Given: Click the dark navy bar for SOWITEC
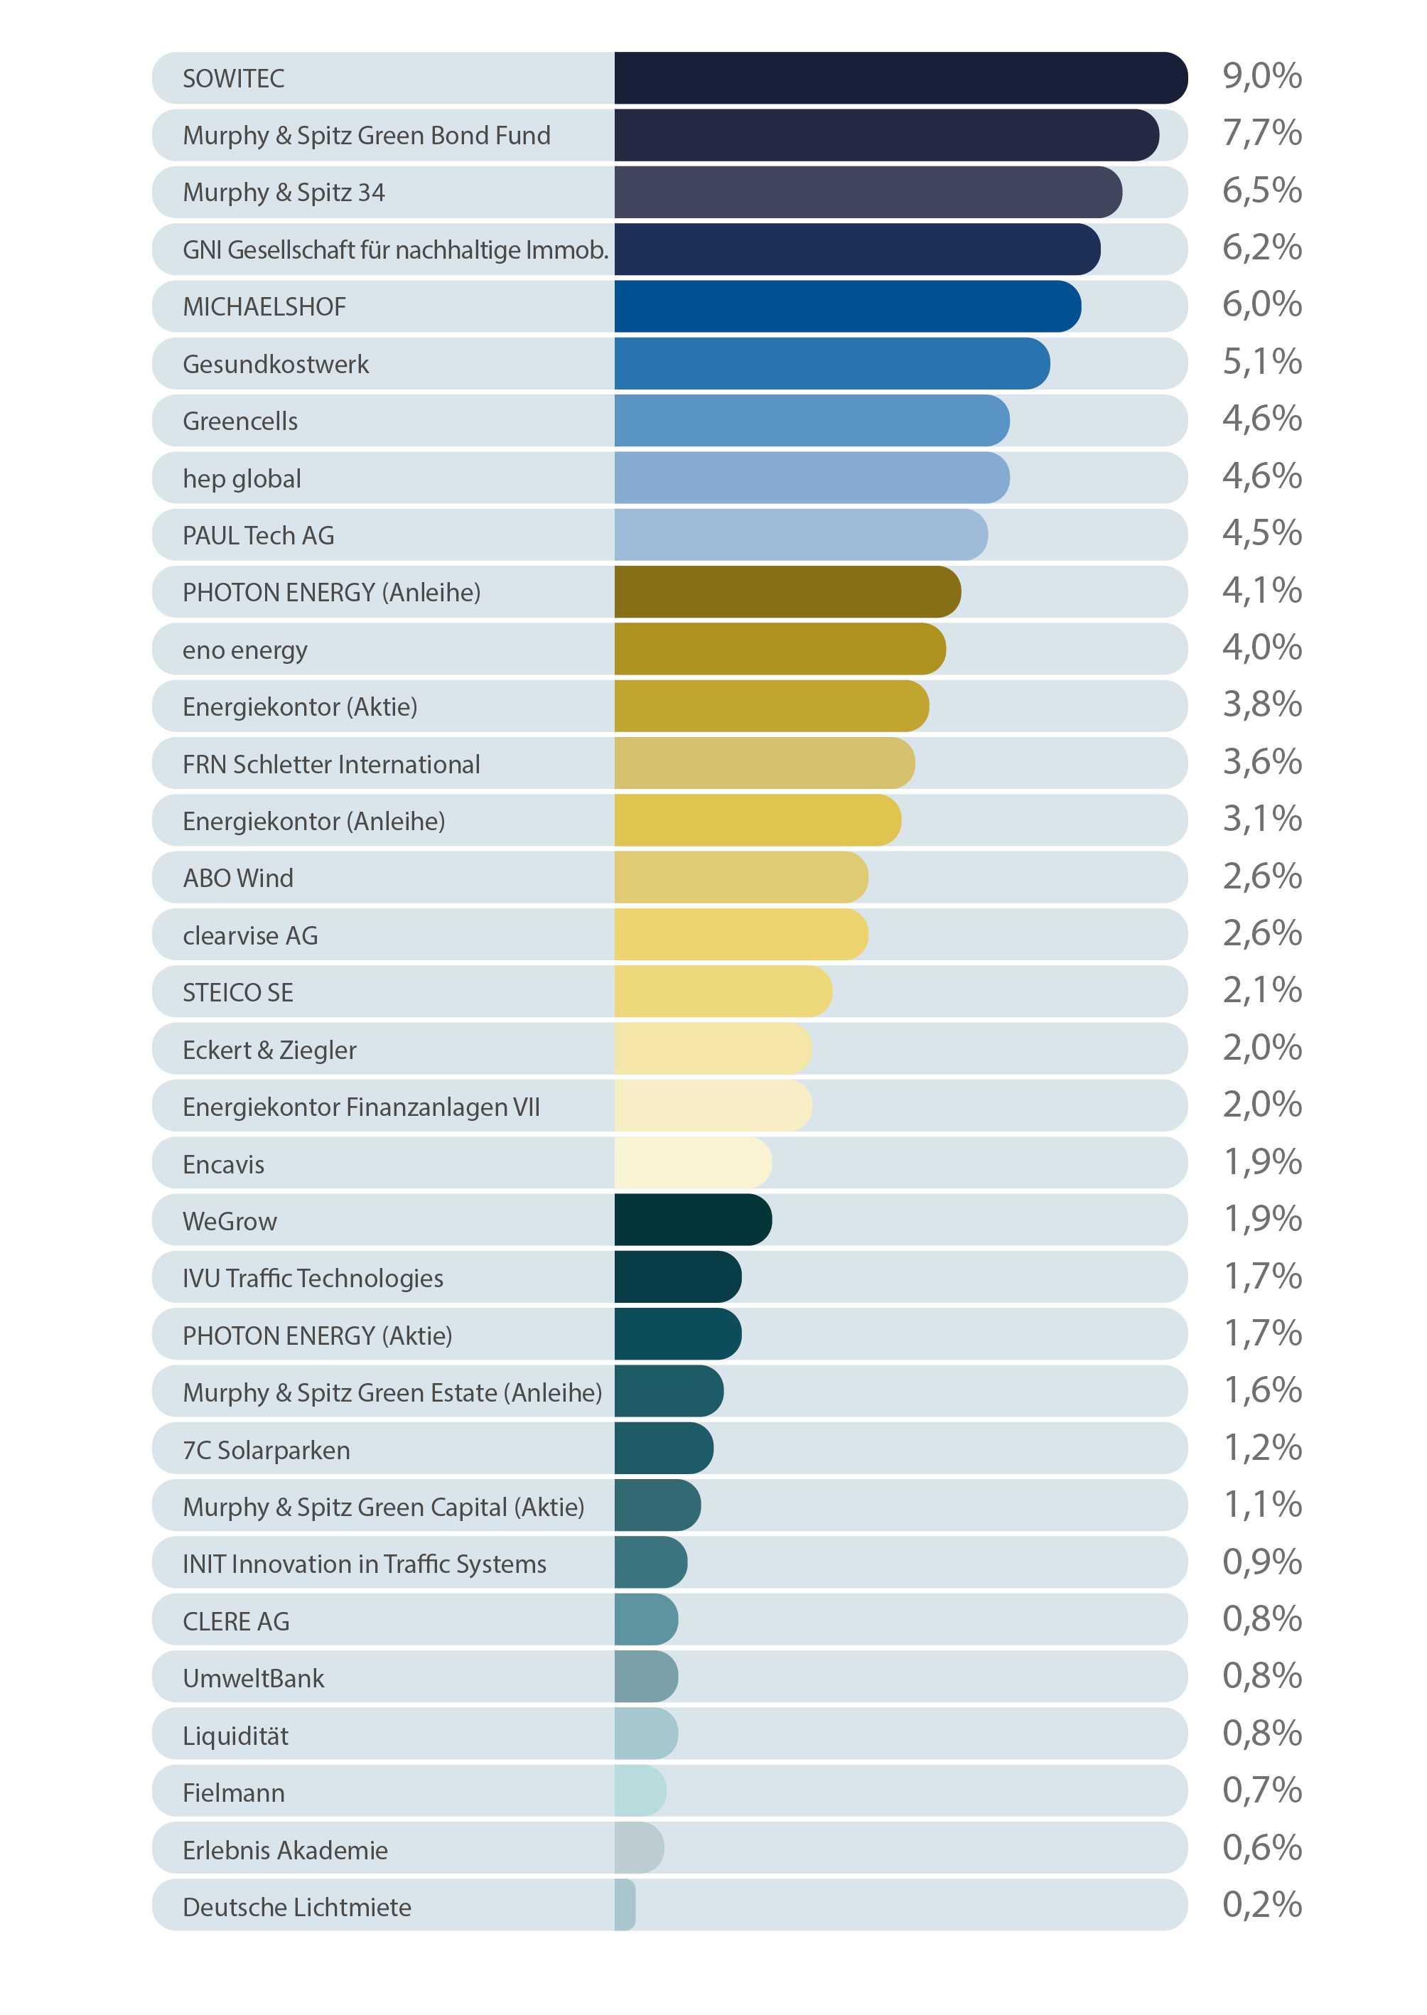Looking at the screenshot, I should (900, 78).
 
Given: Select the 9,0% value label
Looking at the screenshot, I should (1262, 77).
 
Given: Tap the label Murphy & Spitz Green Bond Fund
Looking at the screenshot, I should (367, 135).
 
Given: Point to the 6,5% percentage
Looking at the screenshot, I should (1262, 190).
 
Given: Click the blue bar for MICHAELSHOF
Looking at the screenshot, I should (847, 306).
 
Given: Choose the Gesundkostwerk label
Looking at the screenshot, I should (276, 364).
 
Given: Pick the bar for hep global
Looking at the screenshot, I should (811, 478).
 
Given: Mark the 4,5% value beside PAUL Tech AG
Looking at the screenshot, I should (1262, 533).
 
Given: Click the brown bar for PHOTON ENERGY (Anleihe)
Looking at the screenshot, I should (787, 592).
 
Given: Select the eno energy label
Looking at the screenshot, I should (245, 650).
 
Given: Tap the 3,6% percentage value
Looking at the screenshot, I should (1262, 762).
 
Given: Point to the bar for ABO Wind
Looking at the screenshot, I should (741, 878).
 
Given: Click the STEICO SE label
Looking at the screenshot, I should (238, 992).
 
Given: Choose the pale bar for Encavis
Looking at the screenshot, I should (692, 1164).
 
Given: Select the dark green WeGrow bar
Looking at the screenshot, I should (692, 1220).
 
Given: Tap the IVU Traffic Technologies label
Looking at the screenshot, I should (313, 1278).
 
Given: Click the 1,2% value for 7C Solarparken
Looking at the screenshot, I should (1262, 1447).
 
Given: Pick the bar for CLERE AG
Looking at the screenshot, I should (646, 1621).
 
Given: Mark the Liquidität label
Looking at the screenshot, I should (235, 1736).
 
